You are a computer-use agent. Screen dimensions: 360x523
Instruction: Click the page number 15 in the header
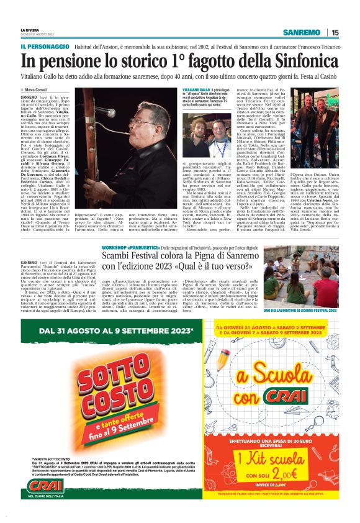335,32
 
